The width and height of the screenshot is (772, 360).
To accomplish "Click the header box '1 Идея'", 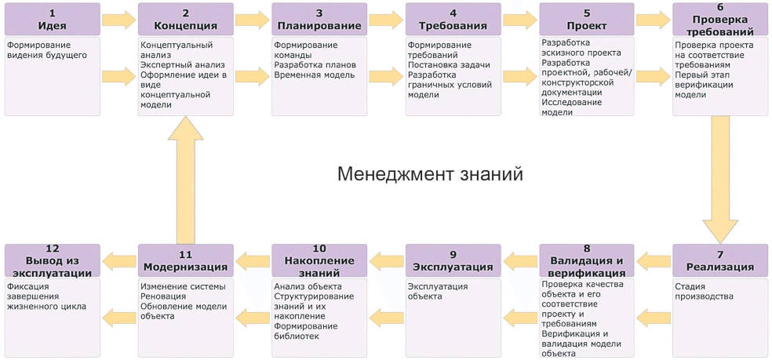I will click(x=52, y=20).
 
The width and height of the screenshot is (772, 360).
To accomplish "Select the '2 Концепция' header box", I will click(x=185, y=20).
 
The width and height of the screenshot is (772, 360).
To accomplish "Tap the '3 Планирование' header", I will click(x=319, y=20).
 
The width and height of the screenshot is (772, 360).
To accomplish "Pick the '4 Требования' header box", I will click(x=453, y=20).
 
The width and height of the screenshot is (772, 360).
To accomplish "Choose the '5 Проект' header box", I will click(x=586, y=20).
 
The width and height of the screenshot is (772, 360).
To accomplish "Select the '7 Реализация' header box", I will click(x=719, y=260).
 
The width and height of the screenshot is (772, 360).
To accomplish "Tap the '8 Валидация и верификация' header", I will click(x=586, y=260).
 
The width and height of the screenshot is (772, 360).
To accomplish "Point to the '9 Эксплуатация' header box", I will click(x=453, y=260).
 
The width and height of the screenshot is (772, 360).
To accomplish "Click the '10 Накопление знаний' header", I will click(x=319, y=260).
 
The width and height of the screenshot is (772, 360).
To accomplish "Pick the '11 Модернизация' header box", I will click(x=185, y=260).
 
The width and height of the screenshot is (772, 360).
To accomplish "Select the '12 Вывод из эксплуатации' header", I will click(x=52, y=260).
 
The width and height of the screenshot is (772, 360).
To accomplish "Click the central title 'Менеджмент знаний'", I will click(x=430, y=173).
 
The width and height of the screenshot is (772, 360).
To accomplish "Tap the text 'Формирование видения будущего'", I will click(x=47, y=50).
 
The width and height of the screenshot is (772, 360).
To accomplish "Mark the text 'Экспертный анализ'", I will click(x=183, y=65).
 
